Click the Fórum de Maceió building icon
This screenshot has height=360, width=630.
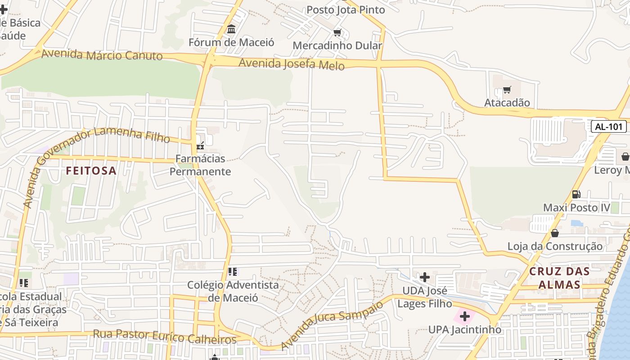tap(231, 30)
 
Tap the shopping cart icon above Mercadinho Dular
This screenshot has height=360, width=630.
tap(337, 33)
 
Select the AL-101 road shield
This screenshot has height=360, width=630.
tap(608, 126)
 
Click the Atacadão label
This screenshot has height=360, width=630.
tap(507, 103)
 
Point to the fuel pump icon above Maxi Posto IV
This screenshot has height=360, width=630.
tap(576, 194)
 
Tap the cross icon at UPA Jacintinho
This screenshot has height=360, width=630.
tap(465, 317)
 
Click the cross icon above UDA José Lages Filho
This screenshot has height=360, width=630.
tap(424, 277)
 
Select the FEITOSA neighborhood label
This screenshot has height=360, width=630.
tap(91, 171)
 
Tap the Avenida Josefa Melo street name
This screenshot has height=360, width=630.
tap(291, 64)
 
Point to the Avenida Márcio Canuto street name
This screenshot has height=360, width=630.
tap(102, 55)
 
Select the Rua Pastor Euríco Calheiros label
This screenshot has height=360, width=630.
tap(164, 336)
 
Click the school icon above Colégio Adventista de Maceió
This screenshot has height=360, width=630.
tap(232, 272)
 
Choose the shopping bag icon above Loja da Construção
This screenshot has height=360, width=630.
tap(555, 233)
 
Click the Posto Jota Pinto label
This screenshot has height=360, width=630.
tap(346, 9)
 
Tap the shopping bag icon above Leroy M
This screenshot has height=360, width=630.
tap(625, 157)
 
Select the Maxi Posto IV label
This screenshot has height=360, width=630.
tap(576, 207)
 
